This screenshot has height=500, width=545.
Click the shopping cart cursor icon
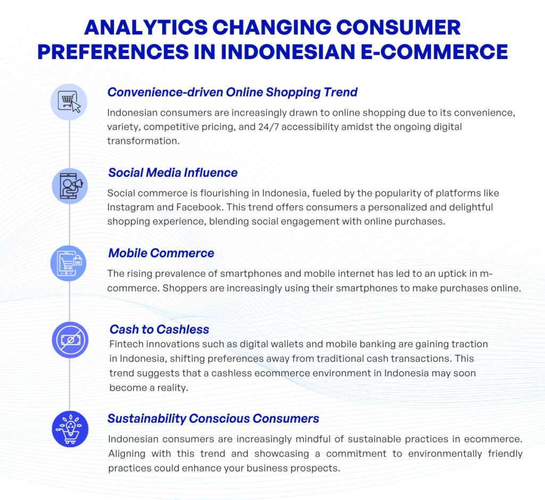click(69, 101)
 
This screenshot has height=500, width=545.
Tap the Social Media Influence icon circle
click(69, 185)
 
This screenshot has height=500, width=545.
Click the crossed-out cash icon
click(69, 339)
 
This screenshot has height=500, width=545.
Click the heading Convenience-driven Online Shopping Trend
click(232, 92)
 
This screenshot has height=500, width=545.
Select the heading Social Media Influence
click(172, 173)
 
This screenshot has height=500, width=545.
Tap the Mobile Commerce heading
click(161, 253)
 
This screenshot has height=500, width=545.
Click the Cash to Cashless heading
click(159, 329)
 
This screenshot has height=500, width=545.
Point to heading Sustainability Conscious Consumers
click(213, 419)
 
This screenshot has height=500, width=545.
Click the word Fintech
click(126, 345)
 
